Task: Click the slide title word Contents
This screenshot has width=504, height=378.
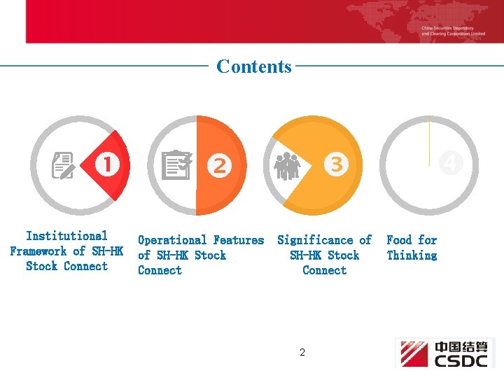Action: pyautogui.click(x=254, y=66)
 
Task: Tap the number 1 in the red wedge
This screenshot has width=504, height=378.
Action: pyautogui.click(x=107, y=164)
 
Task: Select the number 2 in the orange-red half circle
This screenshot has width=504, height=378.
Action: pyautogui.click(x=220, y=165)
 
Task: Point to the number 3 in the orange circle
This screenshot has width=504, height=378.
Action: pyautogui.click(x=336, y=164)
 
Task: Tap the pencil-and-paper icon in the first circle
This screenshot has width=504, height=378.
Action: pyautogui.click(x=64, y=166)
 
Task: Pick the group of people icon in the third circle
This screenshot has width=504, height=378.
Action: pyautogui.click(x=287, y=166)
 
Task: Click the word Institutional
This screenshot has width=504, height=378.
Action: pyautogui.click(x=66, y=236)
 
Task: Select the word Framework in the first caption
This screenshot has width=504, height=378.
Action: pyautogui.click(x=38, y=251)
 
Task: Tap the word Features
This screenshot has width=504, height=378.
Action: pyautogui.click(x=239, y=240)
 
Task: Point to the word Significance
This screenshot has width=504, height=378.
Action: pyautogui.click(x=314, y=240)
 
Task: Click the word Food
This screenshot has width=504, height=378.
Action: pyautogui.click(x=399, y=240)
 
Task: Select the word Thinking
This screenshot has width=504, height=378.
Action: pyautogui.click(x=412, y=255)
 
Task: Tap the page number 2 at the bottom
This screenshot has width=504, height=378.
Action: pyautogui.click(x=302, y=352)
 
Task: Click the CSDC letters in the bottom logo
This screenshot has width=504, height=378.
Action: pyautogui.click(x=461, y=360)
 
